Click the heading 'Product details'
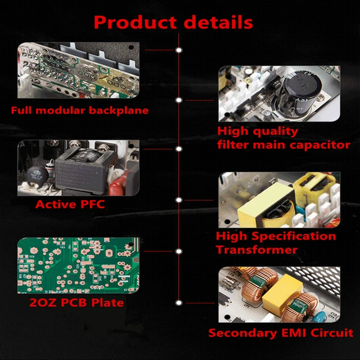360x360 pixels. pyautogui.click(x=173, y=22)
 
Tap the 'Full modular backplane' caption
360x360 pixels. pyautogui.click(x=79, y=110)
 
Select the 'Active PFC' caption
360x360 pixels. pyautogui.click(x=70, y=204)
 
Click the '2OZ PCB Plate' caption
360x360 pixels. pyautogui.click(x=76, y=303)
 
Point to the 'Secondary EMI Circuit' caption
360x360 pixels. pyautogui.click(x=281, y=332)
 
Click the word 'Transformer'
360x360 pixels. pyautogui.click(x=256, y=249)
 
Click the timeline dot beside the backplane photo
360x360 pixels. pyautogui.click(x=179, y=50)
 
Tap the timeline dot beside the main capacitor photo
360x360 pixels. pyautogui.click(x=179, y=100)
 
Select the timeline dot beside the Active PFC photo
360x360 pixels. pyautogui.click(x=179, y=149)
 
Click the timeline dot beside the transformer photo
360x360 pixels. pyautogui.click(x=179, y=200)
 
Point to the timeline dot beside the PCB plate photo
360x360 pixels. pyautogui.click(x=179, y=251)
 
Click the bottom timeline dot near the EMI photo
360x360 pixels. pyautogui.click(x=179, y=303)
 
